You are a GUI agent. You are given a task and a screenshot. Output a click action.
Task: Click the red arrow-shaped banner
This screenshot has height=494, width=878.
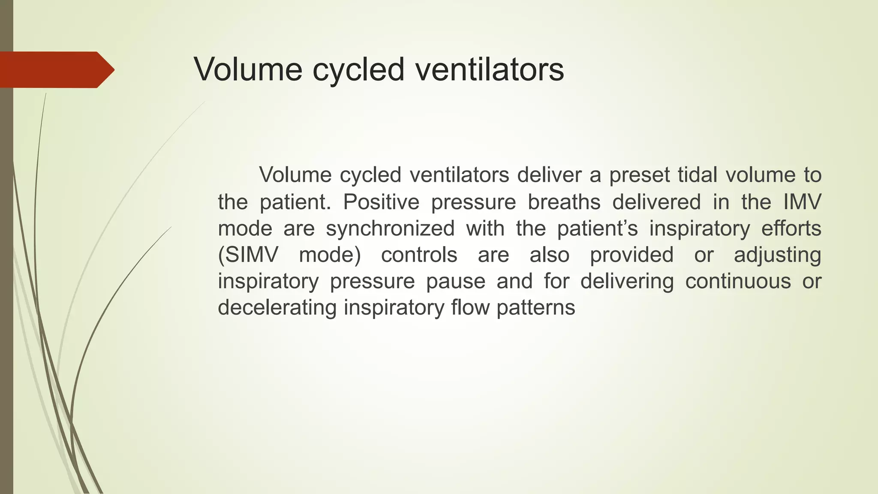pos(56,69)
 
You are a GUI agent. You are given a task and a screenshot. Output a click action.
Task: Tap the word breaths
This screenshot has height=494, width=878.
pos(564,202)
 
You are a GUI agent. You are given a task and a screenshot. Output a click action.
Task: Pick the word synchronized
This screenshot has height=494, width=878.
pos(390,228)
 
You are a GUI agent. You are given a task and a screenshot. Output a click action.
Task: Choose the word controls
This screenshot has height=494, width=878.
pos(419,255)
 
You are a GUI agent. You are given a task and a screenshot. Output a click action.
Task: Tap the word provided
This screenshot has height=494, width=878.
pos(631,255)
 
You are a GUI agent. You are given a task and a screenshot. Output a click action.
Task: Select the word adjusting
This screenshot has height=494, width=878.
pos(777,256)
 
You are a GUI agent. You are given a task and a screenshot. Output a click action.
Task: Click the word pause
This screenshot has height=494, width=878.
pos(455,281)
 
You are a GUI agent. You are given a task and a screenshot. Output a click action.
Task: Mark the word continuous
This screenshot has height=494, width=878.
pos(738,281)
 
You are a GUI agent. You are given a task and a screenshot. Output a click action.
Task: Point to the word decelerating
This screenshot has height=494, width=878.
pos(277,308)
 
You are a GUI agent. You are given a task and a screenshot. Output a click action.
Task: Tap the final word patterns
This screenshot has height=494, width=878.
pos(535,308)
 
